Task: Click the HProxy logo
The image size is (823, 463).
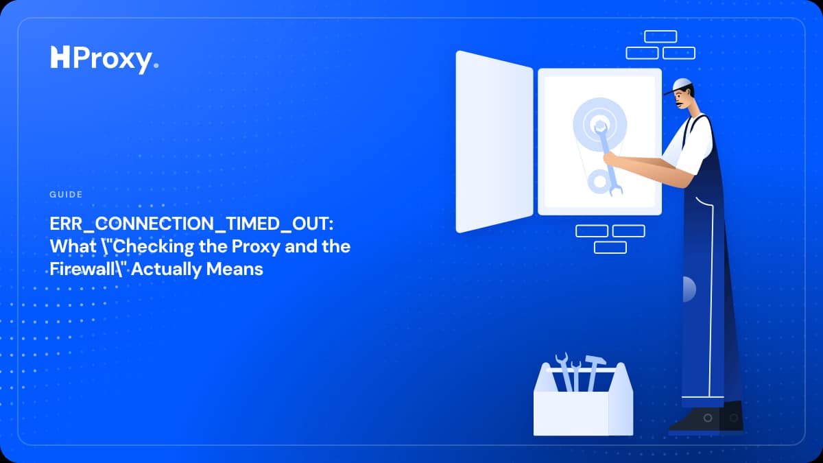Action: (104, 60)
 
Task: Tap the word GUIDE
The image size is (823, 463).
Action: (66, 194)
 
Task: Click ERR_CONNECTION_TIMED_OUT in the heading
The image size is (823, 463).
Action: (191, 224)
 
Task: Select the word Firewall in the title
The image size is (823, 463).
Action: (82, 269)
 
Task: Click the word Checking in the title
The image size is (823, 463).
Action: (152, 246)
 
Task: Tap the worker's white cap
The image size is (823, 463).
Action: (680, 86)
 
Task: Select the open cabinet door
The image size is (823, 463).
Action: (494, 142)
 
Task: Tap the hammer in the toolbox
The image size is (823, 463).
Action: (594, 372)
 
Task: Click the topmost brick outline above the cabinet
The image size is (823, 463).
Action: (660, 36)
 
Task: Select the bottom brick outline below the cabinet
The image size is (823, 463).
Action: (610, 248)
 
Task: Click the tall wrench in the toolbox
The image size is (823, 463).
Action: (565, 371)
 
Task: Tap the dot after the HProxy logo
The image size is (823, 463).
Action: (156, 65)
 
